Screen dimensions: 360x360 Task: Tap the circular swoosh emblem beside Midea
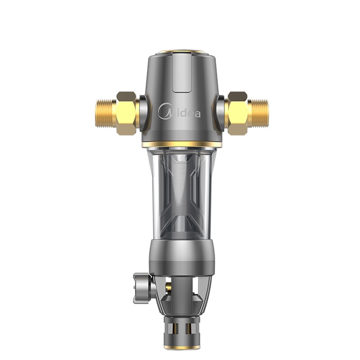(165, 111)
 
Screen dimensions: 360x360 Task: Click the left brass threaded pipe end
(106, 113)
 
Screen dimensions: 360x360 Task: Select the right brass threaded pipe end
(258, 113)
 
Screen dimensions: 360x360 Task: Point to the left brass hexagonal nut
(127, 113)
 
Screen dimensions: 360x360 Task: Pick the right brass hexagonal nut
(238, 113)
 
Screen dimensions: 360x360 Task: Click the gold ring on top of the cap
(181, 52)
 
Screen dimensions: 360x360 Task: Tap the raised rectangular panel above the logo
(182, 73)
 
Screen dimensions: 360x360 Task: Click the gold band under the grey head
(182, 144)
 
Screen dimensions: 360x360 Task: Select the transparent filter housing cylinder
(181, 193)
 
